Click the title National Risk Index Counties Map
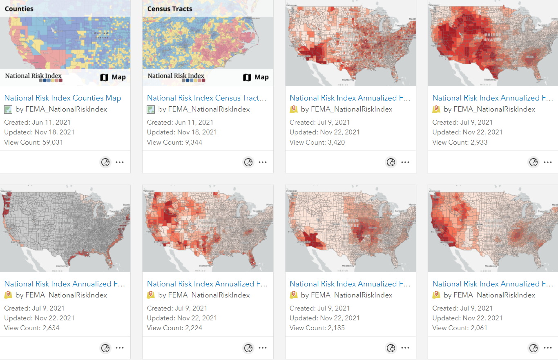(62, 98)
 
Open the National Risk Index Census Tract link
(207, 98)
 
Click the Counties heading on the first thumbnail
(19, 9)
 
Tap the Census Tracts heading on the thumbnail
(170, 9)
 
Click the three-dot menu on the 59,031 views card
(120, 162)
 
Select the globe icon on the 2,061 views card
(533, 348)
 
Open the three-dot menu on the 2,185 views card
(405, 348)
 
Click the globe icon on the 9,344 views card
(248, 162)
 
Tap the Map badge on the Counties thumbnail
(113, 77)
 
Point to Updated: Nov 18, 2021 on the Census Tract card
(182, 132)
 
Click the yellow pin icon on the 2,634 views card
(8, 295)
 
